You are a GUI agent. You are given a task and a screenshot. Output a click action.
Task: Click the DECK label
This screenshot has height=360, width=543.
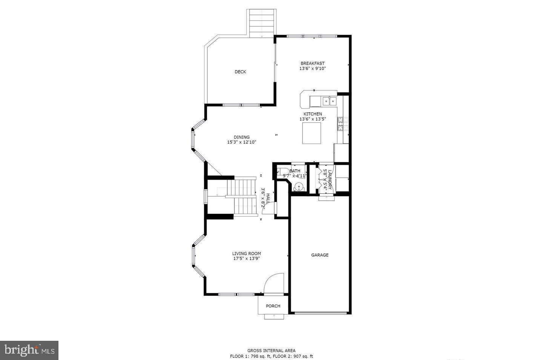pos(240,72)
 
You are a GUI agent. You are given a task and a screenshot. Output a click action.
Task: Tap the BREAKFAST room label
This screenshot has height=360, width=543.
pos(312,63)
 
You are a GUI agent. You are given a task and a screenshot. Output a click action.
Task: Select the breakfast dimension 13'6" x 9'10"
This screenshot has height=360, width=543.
pos(312,69)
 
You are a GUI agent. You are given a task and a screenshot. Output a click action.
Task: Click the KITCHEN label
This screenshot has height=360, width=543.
pos(313,114)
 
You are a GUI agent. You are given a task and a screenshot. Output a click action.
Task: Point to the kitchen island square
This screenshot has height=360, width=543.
pos(312,133)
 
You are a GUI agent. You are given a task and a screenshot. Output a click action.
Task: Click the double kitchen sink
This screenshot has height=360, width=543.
pos(329,101)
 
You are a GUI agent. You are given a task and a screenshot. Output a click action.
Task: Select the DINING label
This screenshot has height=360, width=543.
pos(241,137)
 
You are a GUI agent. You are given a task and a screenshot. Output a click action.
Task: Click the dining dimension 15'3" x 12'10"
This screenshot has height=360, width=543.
pos(241,142)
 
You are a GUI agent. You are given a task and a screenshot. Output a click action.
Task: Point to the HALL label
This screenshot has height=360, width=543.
pos(268,198)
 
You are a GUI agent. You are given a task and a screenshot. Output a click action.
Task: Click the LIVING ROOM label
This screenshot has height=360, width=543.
pos(246,253)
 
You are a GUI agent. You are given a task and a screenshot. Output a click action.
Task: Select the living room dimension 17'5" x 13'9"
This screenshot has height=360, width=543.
pos(246,258)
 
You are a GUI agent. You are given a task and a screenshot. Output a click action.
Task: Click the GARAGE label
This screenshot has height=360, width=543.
pos(320,255)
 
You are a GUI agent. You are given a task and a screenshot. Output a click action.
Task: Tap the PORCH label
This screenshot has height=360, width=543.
pos(273,306)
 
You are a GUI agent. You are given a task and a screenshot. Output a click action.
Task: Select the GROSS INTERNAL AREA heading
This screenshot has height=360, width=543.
pos(271,350)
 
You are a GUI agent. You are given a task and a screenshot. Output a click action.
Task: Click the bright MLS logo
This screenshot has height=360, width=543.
pos(29,350)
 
